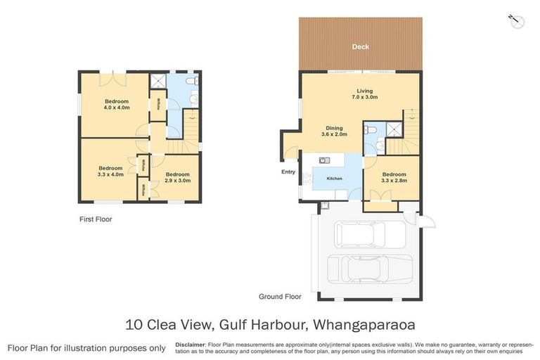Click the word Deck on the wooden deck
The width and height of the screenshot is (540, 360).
[360, 47]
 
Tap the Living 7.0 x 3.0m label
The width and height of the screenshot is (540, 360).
[364, 94]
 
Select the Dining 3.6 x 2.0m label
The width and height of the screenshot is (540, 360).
[334, 131]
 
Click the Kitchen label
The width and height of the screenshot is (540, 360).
[335, 179]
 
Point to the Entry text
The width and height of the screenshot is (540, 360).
[288, 172]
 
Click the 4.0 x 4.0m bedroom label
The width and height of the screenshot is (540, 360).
[117, 104]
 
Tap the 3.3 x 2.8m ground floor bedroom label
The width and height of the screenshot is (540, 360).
[394, 178]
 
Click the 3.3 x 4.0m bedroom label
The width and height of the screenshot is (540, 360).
[110, 171]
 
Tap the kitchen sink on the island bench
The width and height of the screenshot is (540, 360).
[324, 160]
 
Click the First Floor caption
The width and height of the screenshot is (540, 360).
[95, 219]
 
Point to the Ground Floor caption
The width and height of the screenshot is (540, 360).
[280, 297]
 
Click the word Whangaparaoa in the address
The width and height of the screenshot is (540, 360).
[366, 325]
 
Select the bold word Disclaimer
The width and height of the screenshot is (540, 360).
[191, 345]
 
